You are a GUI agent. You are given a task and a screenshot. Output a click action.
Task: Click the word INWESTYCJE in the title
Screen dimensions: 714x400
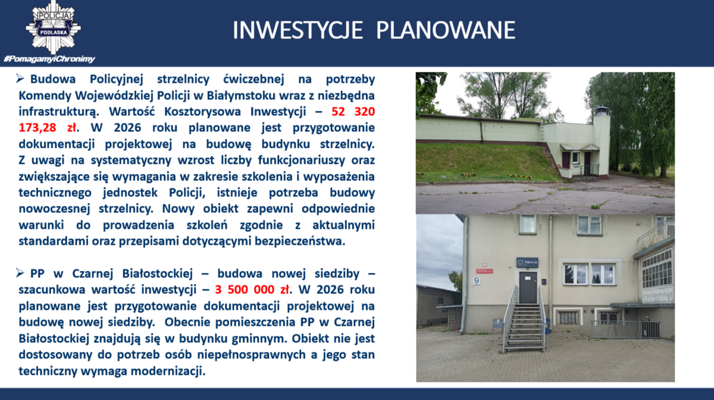297,30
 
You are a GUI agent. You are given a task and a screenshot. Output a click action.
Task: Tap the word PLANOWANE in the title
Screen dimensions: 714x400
446,30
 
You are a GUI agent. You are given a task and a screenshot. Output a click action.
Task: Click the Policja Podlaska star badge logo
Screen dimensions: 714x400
53,27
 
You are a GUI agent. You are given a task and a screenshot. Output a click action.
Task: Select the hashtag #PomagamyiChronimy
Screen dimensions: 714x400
49,59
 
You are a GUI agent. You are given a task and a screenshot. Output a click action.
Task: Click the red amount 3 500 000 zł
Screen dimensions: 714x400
252,290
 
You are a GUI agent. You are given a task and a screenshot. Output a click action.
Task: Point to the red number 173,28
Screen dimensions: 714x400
37,128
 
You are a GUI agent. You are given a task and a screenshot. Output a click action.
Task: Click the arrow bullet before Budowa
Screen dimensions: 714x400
20,78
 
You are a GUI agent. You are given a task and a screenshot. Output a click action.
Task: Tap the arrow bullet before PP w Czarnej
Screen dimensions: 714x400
20,273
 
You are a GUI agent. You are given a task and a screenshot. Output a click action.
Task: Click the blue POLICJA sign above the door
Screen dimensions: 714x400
527,263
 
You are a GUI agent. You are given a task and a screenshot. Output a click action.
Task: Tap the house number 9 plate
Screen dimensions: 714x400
477,281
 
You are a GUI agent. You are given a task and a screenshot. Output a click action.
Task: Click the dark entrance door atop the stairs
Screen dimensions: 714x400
528,288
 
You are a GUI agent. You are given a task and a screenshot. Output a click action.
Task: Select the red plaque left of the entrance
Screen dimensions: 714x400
484,271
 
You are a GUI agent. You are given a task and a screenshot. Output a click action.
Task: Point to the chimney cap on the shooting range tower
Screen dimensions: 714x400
602,111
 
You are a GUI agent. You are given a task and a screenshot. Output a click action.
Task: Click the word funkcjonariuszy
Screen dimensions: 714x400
301,160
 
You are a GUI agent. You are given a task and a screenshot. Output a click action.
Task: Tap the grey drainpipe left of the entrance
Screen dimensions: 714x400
465,274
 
